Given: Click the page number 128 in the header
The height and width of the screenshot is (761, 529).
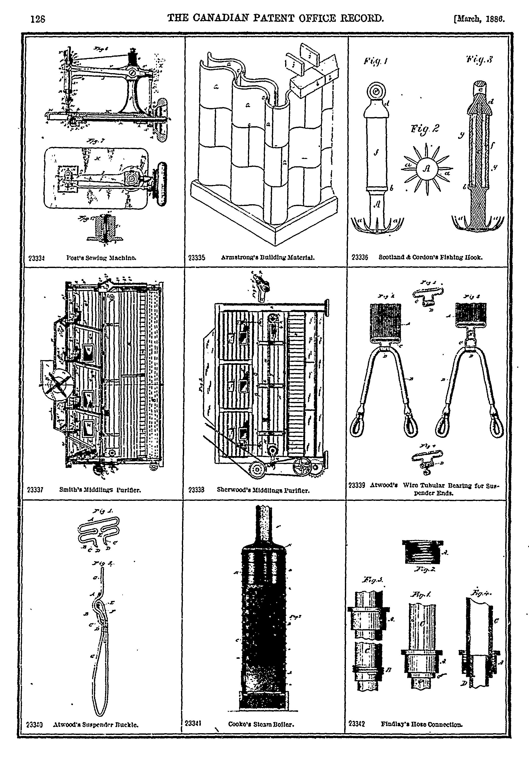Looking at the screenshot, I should tap(37, 19).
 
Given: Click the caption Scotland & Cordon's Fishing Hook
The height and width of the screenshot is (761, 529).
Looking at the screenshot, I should tap(430, 257).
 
